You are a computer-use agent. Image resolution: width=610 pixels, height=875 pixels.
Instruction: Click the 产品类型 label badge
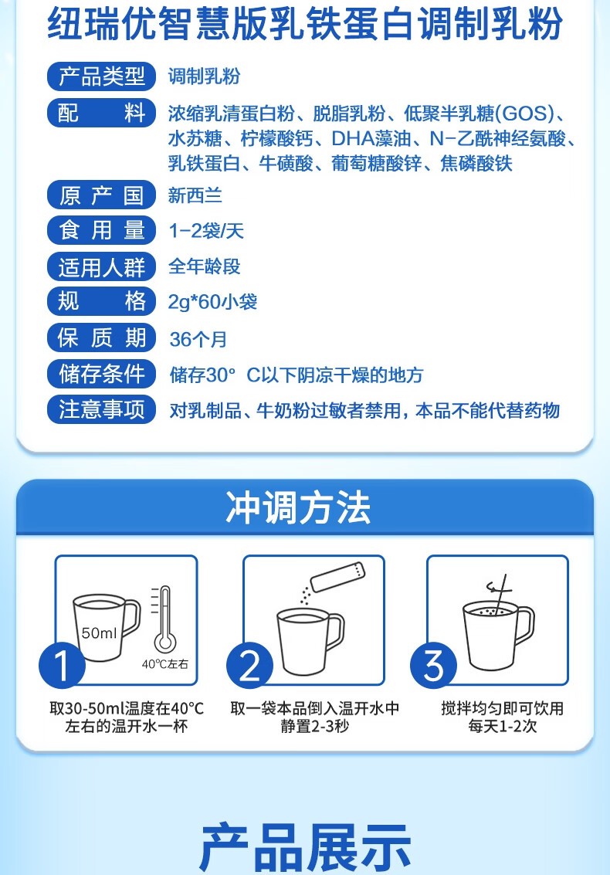[101, 76]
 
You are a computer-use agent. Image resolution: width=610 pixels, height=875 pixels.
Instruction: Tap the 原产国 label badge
[101, 195]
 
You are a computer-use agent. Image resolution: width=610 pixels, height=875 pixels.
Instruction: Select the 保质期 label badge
[101, 337]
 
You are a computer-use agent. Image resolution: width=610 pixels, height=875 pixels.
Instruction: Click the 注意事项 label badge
[101, 409]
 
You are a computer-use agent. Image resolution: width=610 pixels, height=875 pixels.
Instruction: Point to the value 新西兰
[195, 195]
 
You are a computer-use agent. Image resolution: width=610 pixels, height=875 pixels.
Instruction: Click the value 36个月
[198, 339]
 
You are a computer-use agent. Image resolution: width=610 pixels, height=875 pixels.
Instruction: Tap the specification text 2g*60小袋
[212, 302]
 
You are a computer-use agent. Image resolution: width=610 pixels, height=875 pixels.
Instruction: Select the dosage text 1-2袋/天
[206, 230]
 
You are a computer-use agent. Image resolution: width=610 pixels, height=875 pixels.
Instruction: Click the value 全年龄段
[205, 266]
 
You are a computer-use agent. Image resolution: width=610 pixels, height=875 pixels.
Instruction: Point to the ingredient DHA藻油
[371, 138]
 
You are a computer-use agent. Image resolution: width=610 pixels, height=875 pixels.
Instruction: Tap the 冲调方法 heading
[298, 507]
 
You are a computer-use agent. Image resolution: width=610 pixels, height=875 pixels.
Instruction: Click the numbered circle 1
[62, 665]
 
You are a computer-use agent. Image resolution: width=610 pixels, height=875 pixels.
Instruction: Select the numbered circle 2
[249, 665]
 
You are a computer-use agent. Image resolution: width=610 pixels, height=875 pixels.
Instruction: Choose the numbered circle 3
[433, 665]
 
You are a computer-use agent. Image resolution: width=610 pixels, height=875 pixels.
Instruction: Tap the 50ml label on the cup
[100, 633]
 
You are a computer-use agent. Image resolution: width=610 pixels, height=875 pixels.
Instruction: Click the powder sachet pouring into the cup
[337, 577]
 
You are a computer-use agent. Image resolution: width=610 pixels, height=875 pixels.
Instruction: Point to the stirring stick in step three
[500, 592]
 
